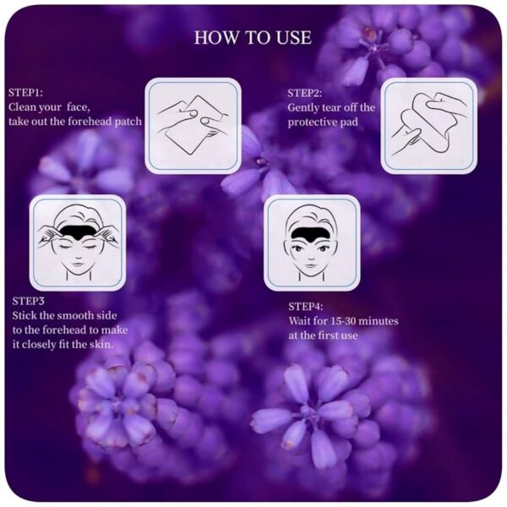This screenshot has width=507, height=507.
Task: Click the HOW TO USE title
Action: click(253, 38)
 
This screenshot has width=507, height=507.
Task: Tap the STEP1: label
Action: click(26, 92)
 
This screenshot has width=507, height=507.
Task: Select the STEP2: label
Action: click(304, 93)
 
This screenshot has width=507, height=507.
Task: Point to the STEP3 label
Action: click(28, 301)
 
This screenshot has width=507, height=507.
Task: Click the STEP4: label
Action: click(306, 307)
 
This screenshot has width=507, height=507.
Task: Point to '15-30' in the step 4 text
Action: click(342, 321)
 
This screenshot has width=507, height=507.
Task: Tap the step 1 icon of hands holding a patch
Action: click(193, 125)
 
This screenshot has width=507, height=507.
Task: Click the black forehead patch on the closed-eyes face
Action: click(77, 232)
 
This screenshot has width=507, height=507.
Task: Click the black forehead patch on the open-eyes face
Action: click(311, 233)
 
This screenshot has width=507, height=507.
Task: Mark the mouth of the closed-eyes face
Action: click(77, 263)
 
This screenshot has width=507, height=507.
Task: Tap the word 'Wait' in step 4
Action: click(299, 321)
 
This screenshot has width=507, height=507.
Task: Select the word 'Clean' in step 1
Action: click(22, 106)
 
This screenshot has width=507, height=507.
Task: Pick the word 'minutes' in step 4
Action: click(379, 321)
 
